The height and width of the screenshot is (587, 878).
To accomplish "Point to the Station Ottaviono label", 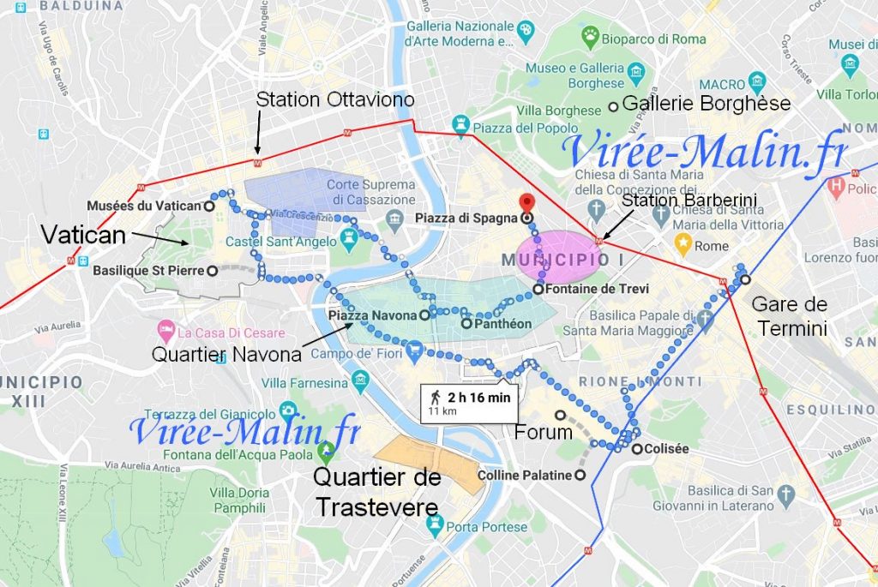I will [x=335, y=100].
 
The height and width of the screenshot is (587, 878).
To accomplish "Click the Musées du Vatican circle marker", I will [x=209, y=206].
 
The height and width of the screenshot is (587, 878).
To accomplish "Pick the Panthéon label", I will [x=502, y=324].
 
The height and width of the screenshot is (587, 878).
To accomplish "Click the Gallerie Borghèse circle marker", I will [x=613, y=106].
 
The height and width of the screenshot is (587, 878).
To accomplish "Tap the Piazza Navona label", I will [x=372, y=315].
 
